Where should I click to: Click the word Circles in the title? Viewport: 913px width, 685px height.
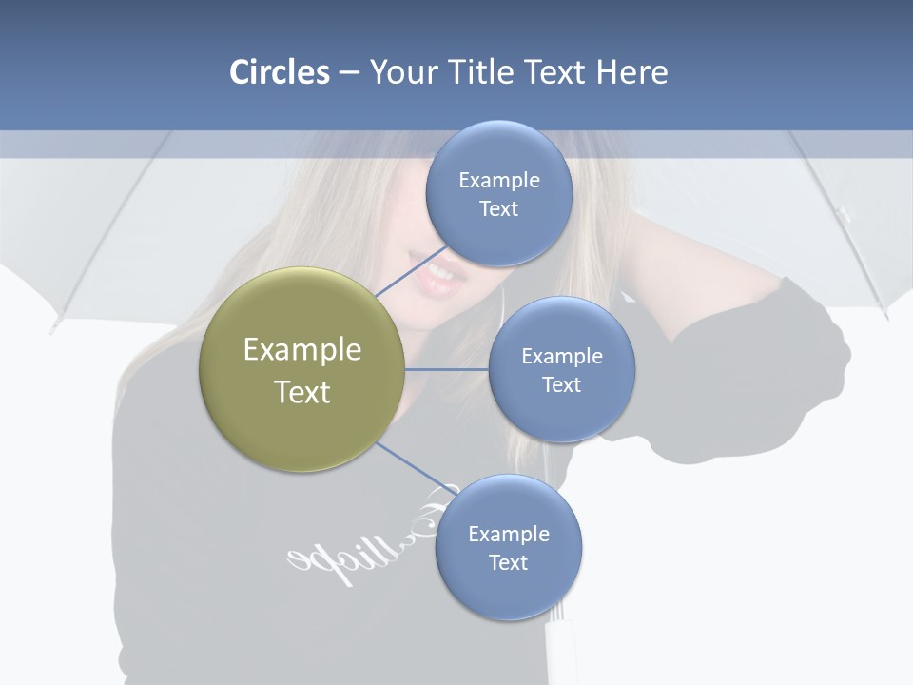tap(280, 72)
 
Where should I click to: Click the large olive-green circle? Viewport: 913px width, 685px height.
tap(301, 369)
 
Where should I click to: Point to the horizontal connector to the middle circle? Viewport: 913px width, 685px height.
tap(446, 369)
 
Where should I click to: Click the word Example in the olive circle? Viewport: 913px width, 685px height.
tap(302, 349)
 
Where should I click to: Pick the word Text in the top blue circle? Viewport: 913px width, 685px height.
tap(498, 208)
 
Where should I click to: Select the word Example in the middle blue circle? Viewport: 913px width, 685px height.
tap(561, 356)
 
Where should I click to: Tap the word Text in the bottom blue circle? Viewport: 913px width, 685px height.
tap(508, 562)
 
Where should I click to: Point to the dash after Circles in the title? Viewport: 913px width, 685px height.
tap(349, 73)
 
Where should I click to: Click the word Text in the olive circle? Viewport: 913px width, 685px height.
tap(302, 392)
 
